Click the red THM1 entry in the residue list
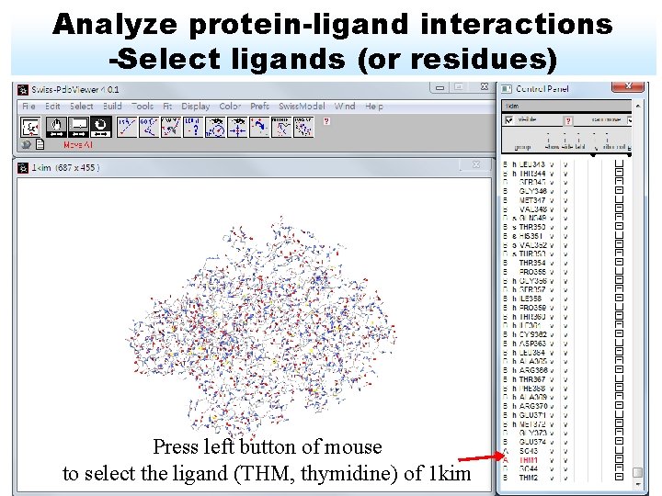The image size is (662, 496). click(529, 460)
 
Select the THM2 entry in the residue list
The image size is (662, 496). click(529, 478)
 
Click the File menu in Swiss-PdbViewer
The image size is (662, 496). click(29, 107)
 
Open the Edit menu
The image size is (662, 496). click(53, 107)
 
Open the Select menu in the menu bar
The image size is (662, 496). click(82, 107)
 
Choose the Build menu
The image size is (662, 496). click(112, 107)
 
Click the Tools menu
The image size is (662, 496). click(143, 107)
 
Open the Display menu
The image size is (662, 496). click(196, 107)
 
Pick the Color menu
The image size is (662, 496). click(230, 107)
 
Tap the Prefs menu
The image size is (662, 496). click(260, 107)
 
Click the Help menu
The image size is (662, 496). click(374, 107)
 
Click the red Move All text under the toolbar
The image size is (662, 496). click(77, 144)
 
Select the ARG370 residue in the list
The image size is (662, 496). click(532, 406)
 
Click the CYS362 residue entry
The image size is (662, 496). click(532, 334)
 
